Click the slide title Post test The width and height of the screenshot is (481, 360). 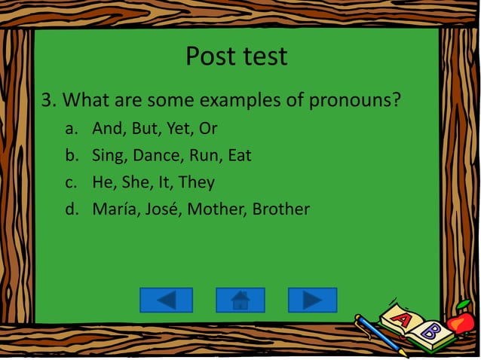tap(236, 56)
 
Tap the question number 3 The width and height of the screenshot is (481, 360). tap(46, 99)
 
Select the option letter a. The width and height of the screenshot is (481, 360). tap(71, 129)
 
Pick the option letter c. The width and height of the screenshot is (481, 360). tap(71, 182)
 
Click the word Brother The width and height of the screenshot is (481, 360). tap(280, 209)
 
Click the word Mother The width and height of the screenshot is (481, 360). tap(216, 209)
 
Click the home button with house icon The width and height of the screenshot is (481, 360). tap(240, 300)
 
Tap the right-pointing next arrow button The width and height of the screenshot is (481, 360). tap(312, 300)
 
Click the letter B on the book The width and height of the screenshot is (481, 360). tap(430, 330)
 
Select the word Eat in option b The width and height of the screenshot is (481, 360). tap(239, 156)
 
